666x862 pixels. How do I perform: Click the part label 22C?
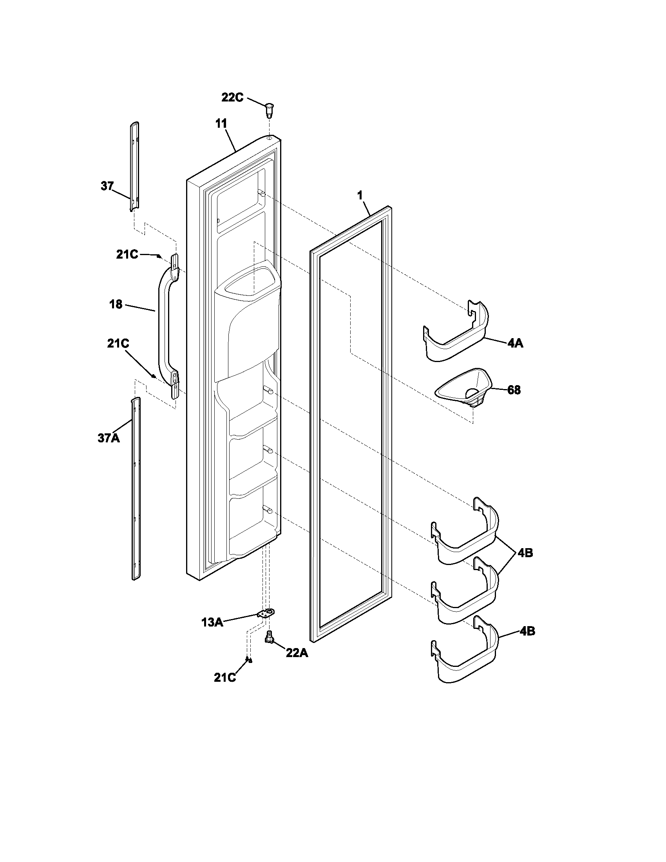point(232,97)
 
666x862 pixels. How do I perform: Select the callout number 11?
point(221,123)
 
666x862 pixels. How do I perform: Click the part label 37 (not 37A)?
point(107,186)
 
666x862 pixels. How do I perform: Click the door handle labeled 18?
point(163,324)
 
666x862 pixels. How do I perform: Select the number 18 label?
point(116,304)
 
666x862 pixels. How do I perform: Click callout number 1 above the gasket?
point(359,195)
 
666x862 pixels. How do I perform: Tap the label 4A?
point(515,343)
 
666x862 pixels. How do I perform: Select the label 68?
point(514,390)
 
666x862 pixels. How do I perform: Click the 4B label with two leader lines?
point(525,553)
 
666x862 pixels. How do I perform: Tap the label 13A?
point(212,623)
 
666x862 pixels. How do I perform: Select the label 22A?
point(297,653)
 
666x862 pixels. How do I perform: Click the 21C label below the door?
point(225,677)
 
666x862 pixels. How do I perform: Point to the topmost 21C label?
point(127,255)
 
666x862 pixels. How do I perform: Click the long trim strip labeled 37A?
point(135,489)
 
